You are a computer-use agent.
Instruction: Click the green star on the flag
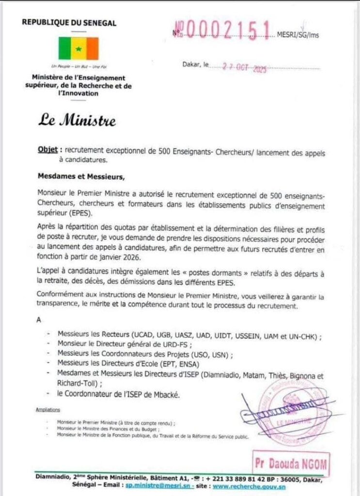[78, 49]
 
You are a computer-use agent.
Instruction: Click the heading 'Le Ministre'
[78, 120]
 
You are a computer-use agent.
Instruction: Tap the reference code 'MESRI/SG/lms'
[297, 34]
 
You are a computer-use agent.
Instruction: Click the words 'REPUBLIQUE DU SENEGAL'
[69, 22]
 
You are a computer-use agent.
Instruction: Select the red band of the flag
[92, 48]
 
